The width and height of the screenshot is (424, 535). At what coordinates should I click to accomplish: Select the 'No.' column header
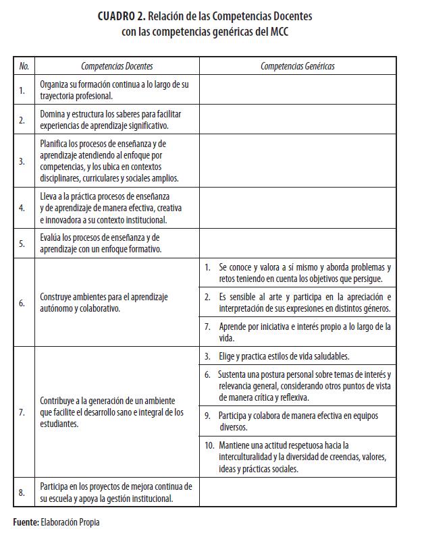coord(24,66)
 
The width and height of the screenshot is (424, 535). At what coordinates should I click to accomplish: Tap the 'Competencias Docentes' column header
coord(117,66)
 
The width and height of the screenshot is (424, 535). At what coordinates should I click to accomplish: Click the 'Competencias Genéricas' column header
coord(297,66)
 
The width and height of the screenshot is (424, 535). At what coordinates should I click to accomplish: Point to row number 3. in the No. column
coord(22,161)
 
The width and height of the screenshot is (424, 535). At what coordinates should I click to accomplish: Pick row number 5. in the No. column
coord(22,244)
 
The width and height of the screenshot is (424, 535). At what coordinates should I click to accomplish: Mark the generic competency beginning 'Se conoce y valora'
coord(304,273)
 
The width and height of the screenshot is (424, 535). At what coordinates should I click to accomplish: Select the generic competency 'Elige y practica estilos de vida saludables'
coord(284,356)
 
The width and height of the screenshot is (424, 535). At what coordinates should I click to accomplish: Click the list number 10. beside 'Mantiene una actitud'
coord(209,445)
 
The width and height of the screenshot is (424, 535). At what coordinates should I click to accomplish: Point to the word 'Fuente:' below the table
coord(26,522)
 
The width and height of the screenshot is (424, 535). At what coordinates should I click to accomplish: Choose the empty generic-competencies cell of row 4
coord(297,208)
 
